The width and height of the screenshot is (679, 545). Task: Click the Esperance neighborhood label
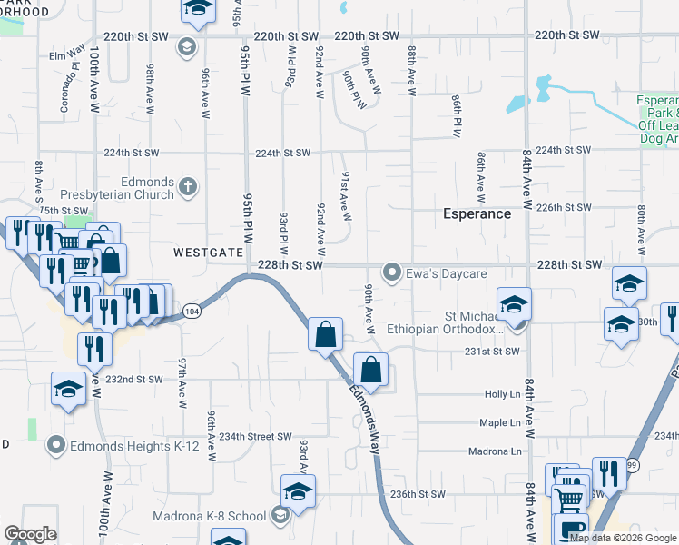pos(477,213)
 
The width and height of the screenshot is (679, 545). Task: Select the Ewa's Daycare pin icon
pos(392,272)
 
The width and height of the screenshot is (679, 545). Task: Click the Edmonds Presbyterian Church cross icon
pos(188,187)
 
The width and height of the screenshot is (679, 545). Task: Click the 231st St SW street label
pos(492,351)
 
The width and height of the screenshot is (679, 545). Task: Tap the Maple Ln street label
pos(501,422)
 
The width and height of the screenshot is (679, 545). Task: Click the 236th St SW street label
pos(418,494)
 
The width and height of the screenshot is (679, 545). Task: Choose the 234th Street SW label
pos(260,436)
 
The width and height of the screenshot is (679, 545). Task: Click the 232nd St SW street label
pos(134,380)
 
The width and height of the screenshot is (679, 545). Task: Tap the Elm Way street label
pos(67,55)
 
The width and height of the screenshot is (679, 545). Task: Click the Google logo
pos(30,534)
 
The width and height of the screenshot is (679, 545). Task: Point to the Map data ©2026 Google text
pos(624,538)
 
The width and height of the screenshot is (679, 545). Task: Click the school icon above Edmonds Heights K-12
pos(68,389)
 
